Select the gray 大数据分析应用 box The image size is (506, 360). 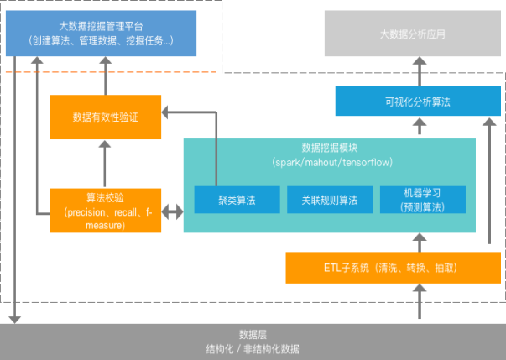pyautogui.click(x=411, y=34)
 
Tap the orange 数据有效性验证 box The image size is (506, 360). pyautogui.click(x=105, y=117)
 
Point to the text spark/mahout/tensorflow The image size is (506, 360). pyautogui.click(x=330, y=160)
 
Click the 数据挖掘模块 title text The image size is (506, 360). pyautogui.click(x=330, y=147)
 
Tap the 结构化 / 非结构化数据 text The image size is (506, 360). pyautogui.click(x=253, y=349)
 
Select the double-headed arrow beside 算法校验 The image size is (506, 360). pyautogui.click(x=172, y=212)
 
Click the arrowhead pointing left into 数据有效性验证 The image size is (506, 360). pyautogui.click(x=167, y=110)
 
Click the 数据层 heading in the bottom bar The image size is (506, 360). pyautogui.click(x=253, y=334)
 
